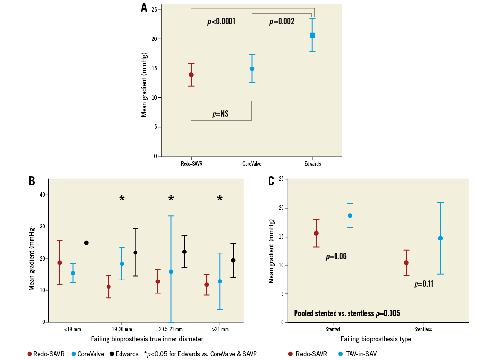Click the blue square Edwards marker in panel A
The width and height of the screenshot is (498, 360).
(312, 35)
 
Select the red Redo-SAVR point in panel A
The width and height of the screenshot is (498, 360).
(191, 75)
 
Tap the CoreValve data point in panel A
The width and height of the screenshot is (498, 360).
(252, 69)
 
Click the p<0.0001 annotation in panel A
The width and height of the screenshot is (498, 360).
(221, 22)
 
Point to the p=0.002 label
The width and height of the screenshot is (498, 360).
(282, 22)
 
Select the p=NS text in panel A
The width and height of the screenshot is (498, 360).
(220, 114)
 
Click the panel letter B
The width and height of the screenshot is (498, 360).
(32, 181)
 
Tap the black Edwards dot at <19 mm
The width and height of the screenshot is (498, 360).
(86, 243)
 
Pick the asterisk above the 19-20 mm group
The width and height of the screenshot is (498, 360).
(122, 199)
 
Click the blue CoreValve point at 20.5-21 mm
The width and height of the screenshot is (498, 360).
(171, 272)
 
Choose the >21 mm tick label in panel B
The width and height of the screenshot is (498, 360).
(220, 329)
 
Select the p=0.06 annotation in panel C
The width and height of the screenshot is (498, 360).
(336, 257)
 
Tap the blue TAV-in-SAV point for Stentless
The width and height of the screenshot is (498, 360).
(440, 238)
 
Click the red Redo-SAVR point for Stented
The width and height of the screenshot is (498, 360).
(316, 233)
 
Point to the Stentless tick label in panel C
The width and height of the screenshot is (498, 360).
(422, 329)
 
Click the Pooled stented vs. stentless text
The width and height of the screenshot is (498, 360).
(347, 313)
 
